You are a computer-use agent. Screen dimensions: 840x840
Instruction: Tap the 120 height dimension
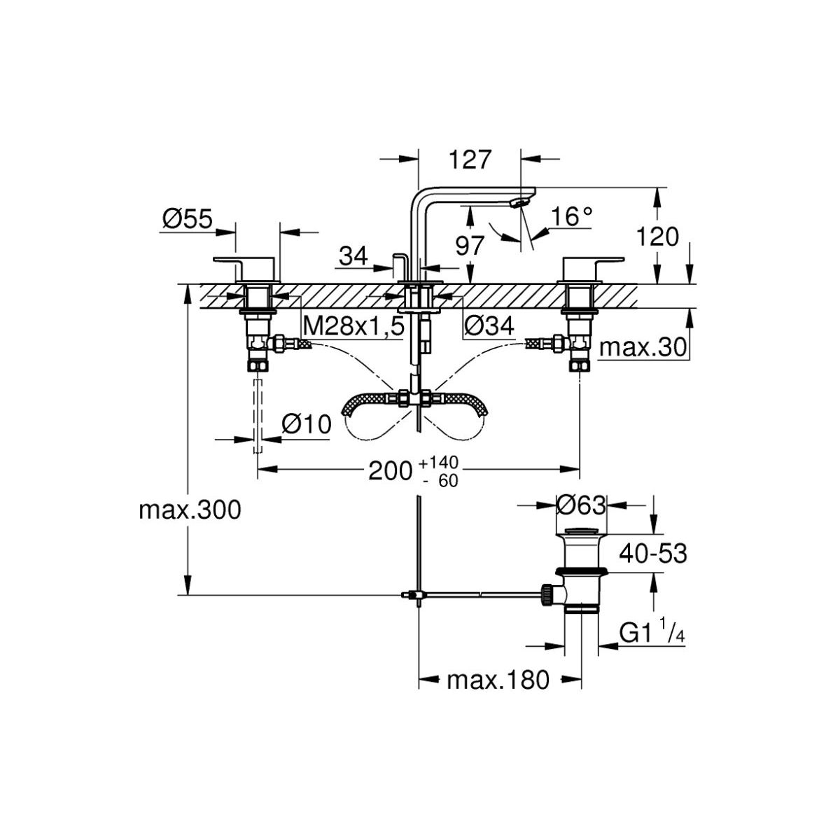[x=657, y=237]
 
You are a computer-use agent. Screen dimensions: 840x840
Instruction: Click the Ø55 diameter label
[x=187, y=220]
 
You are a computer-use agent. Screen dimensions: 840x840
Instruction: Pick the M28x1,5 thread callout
[x=354, y=325]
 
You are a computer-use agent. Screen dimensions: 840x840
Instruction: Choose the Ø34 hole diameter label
[x=489, y=325]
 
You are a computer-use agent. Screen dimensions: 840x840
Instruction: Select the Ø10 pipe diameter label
[x=305, y=424]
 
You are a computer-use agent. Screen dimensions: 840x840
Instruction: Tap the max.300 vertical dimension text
[x=190, y=510]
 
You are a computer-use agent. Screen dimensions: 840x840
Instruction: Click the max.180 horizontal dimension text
[x=498, y=679]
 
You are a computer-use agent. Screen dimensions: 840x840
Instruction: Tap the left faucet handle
[x=246, y=266]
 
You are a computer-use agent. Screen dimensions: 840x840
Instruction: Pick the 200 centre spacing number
[x=390, y=471]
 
